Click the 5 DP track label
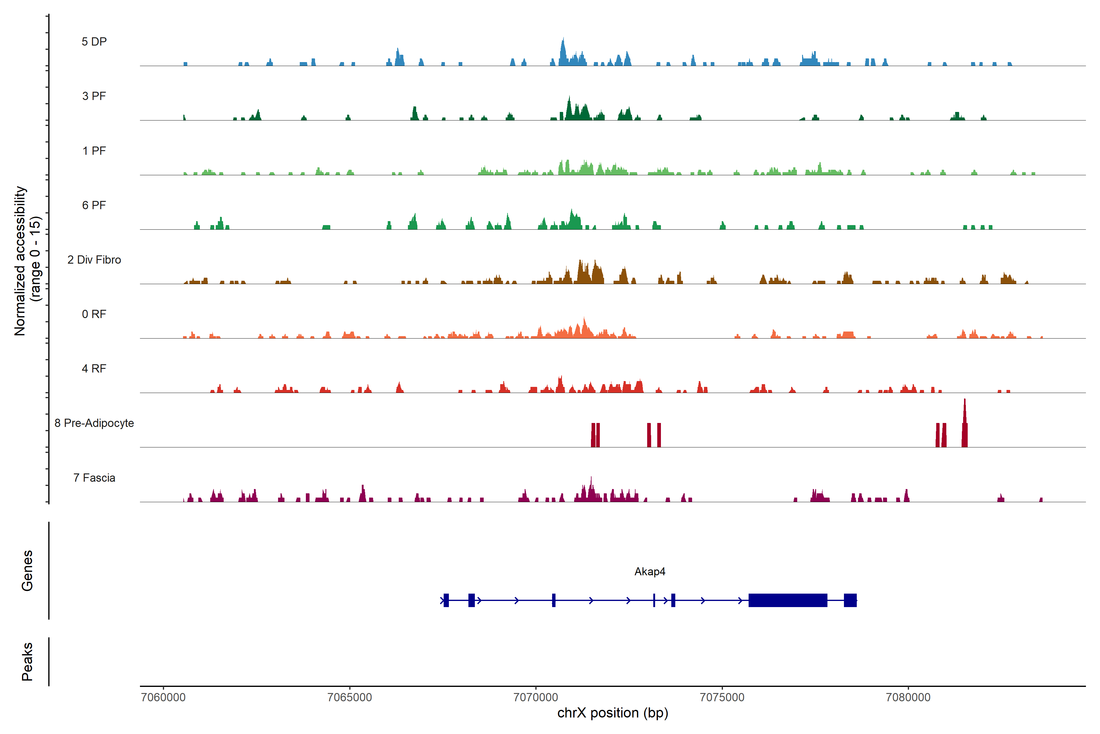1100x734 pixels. (94, 42)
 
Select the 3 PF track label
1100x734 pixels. (94, 96)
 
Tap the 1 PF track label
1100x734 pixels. (94, 151)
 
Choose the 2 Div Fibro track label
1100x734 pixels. (94, 260)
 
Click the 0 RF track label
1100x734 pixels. (94, 314)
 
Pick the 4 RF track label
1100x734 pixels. (94, 369)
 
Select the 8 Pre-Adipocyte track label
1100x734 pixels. (94, 423)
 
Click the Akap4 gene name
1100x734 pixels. (650, 572)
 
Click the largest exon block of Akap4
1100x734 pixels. (788, 600)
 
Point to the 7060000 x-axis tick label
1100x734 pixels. (163, 698)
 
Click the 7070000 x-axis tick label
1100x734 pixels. (536, 698)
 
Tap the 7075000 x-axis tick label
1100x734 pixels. (722, 698)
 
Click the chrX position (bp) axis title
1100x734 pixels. (613, 713)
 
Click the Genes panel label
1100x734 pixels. (27, 571)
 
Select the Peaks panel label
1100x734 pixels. (27, 662)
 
